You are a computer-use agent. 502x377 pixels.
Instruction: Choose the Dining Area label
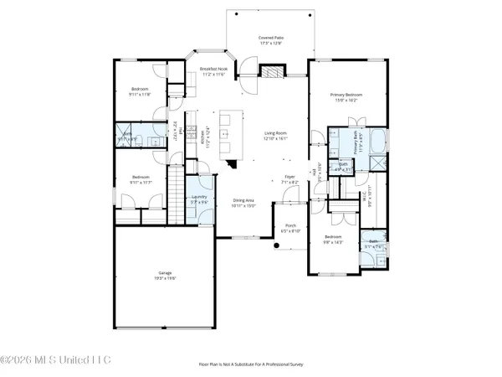[244, 201]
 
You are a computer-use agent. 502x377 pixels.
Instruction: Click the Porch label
[289, 228]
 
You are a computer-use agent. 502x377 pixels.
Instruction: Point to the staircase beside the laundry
[177, 193]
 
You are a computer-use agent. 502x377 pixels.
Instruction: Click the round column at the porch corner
[276, 246]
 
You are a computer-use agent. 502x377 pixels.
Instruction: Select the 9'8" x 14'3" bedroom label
[333, 240]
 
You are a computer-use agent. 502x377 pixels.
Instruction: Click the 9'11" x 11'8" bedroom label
[140, 91]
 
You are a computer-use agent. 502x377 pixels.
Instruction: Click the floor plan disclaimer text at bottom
[250, 364]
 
